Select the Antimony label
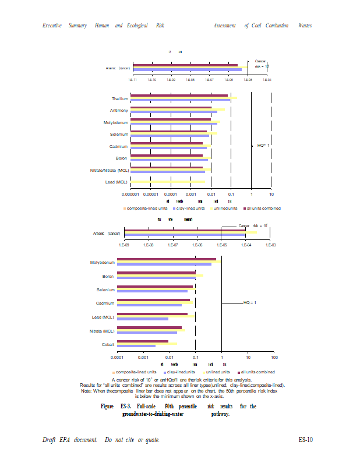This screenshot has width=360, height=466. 119,110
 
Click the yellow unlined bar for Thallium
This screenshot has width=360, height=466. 183,98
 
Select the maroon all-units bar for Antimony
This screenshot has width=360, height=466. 171,108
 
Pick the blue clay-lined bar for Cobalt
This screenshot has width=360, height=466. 136,346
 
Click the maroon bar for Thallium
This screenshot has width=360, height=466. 179,95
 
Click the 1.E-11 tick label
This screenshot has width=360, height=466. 133,79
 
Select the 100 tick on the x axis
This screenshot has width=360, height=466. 274,356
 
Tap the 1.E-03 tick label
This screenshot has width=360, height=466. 270,245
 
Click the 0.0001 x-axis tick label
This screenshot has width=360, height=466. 118,356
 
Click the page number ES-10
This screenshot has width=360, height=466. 306,440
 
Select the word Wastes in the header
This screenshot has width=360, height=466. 305,26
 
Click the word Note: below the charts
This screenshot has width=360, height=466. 87,391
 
